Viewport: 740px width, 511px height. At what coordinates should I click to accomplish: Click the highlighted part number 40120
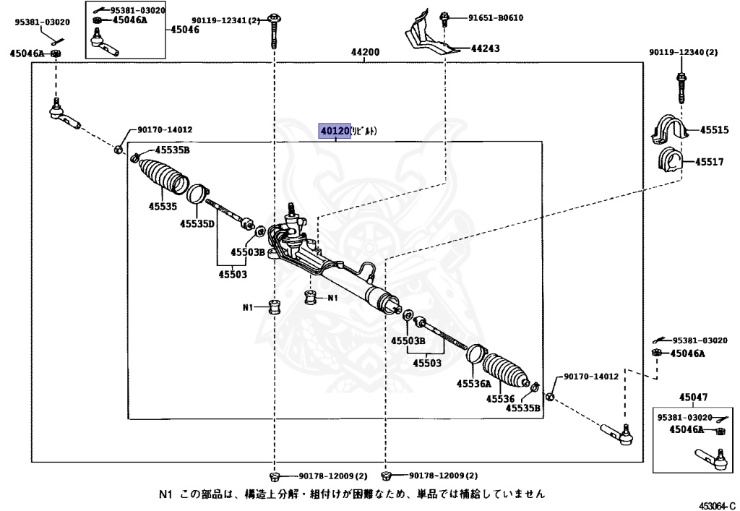click(x=335, y=131)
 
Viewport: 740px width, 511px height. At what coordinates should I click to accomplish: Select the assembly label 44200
click(x=366, y=53)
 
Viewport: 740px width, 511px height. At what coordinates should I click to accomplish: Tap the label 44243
click(x=485, y=48)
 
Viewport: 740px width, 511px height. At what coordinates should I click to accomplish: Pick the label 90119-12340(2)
click(x=683, y=52)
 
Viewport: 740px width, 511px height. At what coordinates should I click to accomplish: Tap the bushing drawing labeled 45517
click(x=670, y=163)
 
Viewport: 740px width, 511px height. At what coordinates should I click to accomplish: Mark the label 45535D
click(x=198, y=223)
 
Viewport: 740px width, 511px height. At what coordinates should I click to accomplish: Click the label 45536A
click(x=473, y=384)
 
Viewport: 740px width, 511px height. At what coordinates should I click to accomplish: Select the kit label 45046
click(x=184, y=30)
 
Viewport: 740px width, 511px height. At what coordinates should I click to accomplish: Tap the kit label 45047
click(x=693, y=397)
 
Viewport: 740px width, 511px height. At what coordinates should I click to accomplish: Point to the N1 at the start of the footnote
click(x=166, y=494)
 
